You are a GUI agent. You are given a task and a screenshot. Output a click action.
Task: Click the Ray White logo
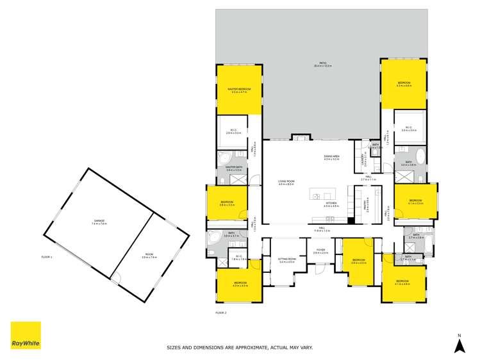coord(26,335)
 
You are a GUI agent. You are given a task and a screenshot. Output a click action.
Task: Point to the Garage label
coord(98,222)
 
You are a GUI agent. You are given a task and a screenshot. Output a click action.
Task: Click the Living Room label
coord(286,182)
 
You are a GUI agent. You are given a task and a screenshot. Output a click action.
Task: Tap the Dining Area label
coord(331,157)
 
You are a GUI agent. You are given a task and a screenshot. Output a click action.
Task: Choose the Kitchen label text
coord(331,204)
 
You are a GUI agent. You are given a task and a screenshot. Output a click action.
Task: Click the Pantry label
coord(367,205)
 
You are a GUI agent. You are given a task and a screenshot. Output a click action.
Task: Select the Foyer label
coord(320,252)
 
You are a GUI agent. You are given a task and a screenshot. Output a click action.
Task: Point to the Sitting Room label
coord(286,259)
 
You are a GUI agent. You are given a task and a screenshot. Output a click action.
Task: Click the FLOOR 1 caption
coord(46,257)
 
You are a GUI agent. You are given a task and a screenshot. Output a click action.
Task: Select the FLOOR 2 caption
coord(220,312)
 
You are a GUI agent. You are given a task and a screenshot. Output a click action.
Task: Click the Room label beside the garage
coord(149,256)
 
